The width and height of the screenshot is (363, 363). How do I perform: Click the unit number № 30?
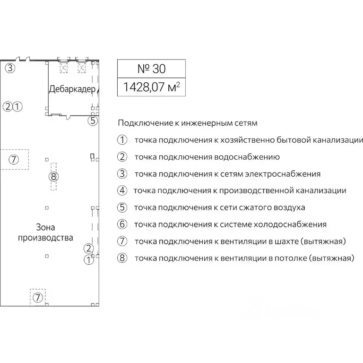pos(151,69)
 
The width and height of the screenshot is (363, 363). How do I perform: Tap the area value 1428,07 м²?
pos(151,87)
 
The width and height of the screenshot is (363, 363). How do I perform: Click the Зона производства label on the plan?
pos(45,232)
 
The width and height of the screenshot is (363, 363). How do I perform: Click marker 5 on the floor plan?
pos(93,121)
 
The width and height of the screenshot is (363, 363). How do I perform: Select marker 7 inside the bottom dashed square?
pos(37,297)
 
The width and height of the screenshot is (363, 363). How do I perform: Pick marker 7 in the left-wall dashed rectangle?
pos(14,159)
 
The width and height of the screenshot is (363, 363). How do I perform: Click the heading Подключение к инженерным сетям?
pos(188,123)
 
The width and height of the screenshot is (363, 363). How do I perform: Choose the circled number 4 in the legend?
pos(122,190)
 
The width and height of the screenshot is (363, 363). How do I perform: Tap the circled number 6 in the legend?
pos(122,225)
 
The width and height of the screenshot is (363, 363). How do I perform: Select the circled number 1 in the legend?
pos(122,140)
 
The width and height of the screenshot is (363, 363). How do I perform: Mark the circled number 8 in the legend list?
pos(122,258)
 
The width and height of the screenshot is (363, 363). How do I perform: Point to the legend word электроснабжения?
pos(282,174)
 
